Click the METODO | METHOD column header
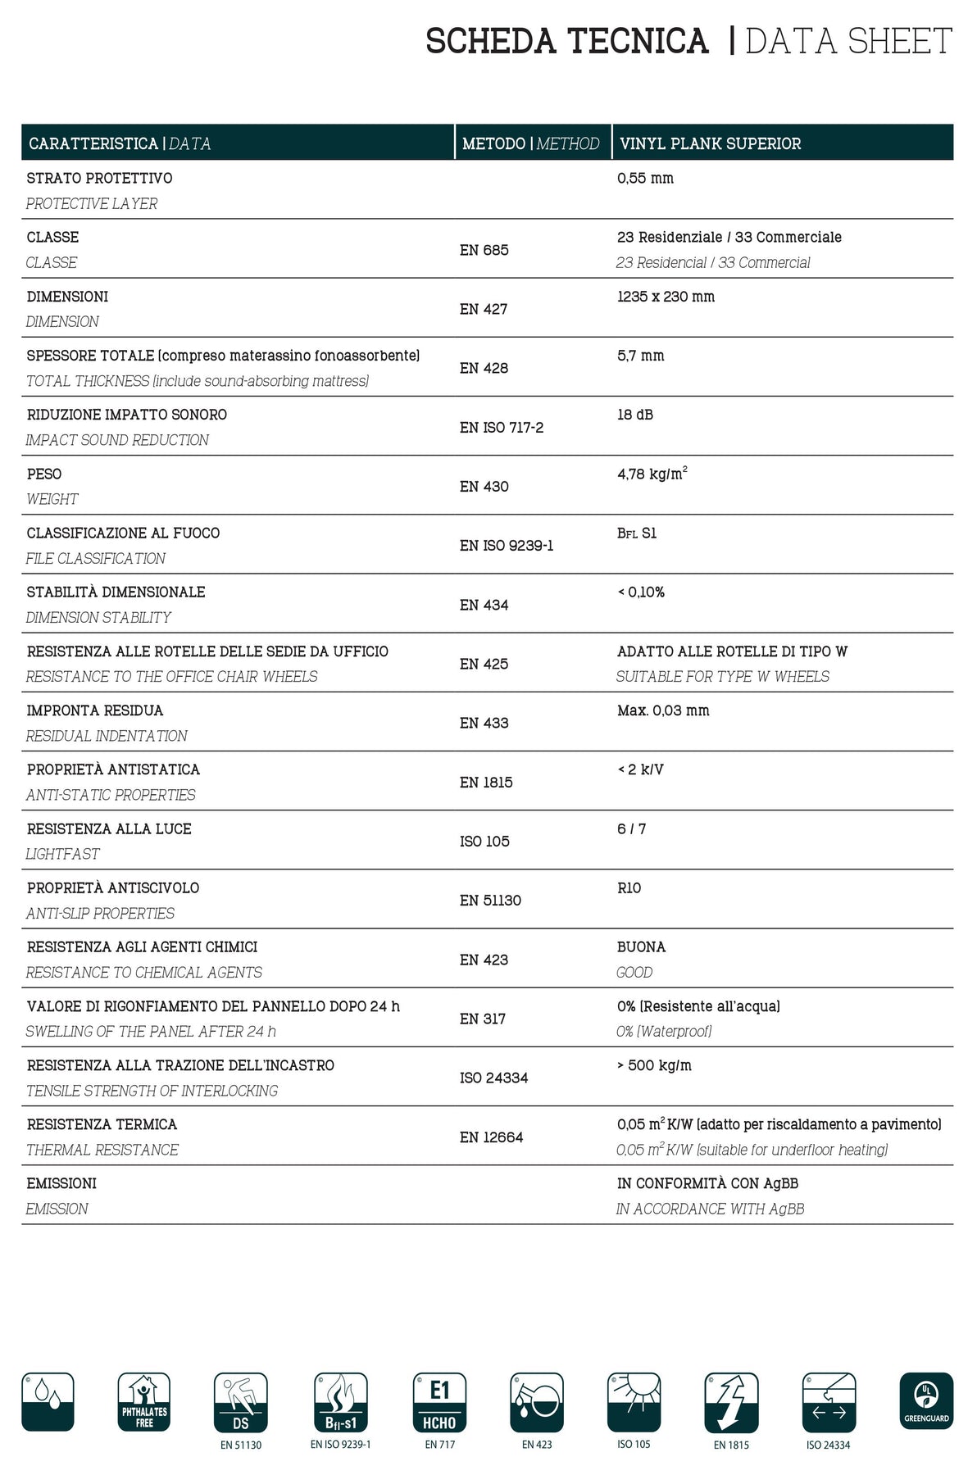pyautogui.click(x=530, y=143)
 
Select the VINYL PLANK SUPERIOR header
pyautogui.click(x=710, y=143)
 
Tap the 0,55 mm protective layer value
pyautogui.click(x=645, y=179)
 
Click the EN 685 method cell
pyautogui.click(x=484, y=250)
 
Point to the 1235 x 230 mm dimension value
pyautogui.click(x=666, y=297)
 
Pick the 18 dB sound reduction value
pyautogui.click(x=635, y=415)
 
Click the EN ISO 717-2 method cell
pyautogui.click(x=501, y=428)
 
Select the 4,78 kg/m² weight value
pyautogui.click(x=652, y=474)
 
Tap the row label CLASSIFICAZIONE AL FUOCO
pyautogui.click(x=123, y=533)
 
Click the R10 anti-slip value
pyautogui.click(x=629, y=888)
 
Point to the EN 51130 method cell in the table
pyautogui.click(x=490, y=901)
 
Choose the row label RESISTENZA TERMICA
pyautogui.click(x=102, y=1125)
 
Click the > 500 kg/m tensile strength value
pyautogui.click(x=654, y=1066)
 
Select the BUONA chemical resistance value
pyautogui.click(x=641, y=947)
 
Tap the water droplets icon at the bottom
pyautogui.click(x=48, y=1402)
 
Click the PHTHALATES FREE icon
pyautogui.click(x=144, y=1402)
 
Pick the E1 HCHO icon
pyautogui.click(x=439, y=1402)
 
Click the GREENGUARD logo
pyautogui.click(x=926, y=1401)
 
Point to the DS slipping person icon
pyautogui.click(x=241, y=1402)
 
